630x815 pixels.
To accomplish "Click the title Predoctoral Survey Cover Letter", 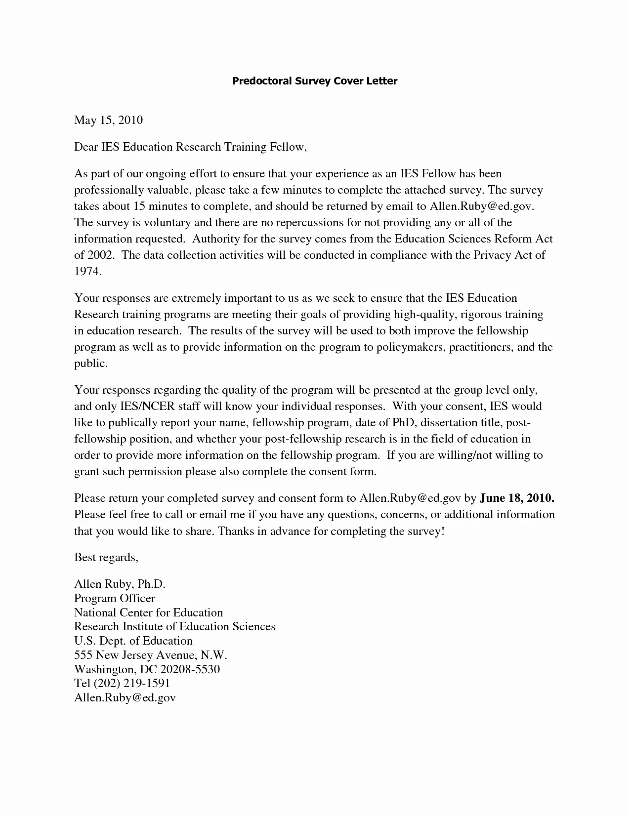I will click(315, 81).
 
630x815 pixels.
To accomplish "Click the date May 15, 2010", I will click(108, 120).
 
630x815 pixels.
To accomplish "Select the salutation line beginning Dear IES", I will click(190, 147).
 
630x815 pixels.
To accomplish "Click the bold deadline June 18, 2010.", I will click(517, 497).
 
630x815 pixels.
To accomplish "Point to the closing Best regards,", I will click(106, 557).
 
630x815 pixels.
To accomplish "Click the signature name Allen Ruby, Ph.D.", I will click(120, 584).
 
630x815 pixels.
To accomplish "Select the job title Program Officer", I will click(115, 598).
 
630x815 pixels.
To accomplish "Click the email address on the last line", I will click(125, 697).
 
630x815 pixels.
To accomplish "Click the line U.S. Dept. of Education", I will click(133, 641).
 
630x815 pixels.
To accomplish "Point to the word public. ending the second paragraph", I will click(90, 364).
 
